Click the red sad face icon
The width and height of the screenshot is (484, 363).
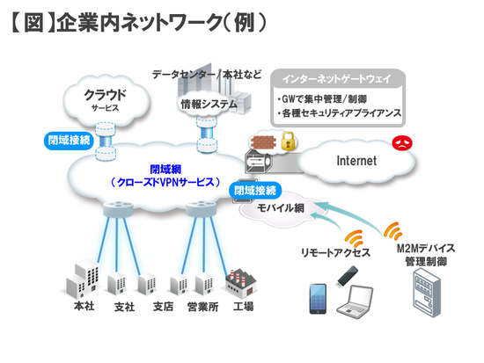point(402,143)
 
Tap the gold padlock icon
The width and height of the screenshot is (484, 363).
point(288,141)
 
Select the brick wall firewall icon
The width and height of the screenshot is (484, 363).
point(263,142)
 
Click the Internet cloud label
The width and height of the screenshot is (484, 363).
point(356,161)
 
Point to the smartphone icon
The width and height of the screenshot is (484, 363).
point(318,299)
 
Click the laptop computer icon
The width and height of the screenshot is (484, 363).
point(355,302)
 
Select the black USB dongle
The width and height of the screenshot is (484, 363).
point(347,276)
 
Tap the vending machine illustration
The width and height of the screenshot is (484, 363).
point(427,293)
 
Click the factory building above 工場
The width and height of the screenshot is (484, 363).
point(241,283)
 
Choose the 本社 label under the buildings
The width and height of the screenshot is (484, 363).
point(84,306)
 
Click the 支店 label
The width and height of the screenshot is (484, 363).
point(163,307)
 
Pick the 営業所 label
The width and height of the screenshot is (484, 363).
point(202,307)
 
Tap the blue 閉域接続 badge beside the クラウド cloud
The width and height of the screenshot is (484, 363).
point(69,141)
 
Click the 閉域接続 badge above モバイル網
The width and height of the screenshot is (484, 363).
point(255,191)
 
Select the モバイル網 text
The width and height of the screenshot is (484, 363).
point(280,208)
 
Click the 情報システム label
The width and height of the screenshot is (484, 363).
point(209,105)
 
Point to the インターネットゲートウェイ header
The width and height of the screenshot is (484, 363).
point(337,79)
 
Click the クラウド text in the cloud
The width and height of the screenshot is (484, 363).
point(106,94)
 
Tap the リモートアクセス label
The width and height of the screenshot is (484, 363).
point(335,252)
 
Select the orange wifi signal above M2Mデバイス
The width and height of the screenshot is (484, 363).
point(392,231)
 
